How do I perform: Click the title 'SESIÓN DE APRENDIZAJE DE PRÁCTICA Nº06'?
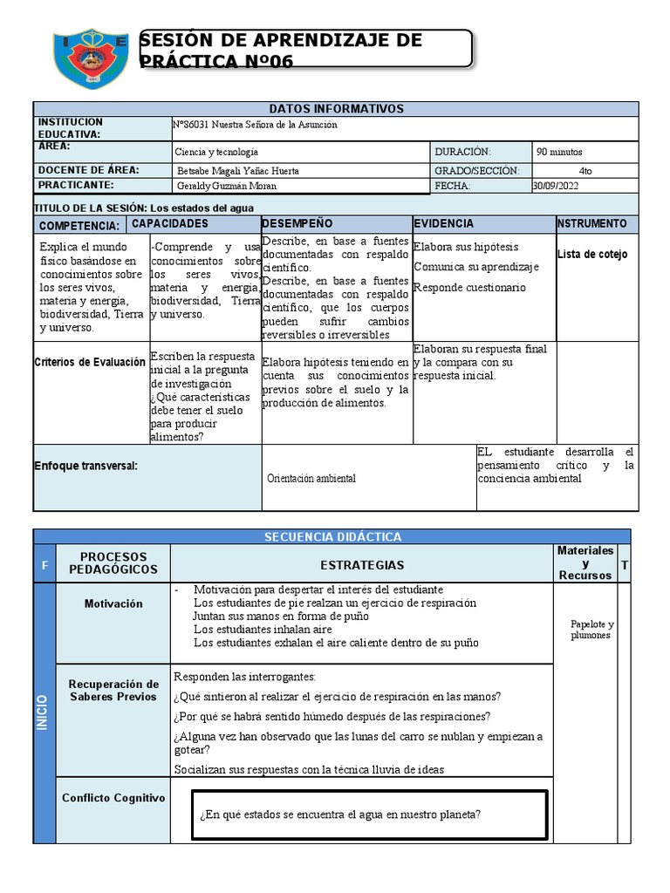(280, 51)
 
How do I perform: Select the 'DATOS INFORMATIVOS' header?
(336, 109)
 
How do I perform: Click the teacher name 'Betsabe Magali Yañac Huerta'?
(238, 171)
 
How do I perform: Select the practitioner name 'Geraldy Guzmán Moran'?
(224, 186)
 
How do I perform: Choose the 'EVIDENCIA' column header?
(444, 224)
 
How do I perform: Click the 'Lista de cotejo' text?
(592, 255)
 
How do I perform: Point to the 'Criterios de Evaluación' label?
(90, 362)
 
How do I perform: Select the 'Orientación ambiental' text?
(311, 478)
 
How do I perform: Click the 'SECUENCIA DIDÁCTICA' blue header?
(332, 536)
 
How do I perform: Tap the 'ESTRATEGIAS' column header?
(361, 565)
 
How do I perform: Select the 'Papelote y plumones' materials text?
(592, 630)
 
